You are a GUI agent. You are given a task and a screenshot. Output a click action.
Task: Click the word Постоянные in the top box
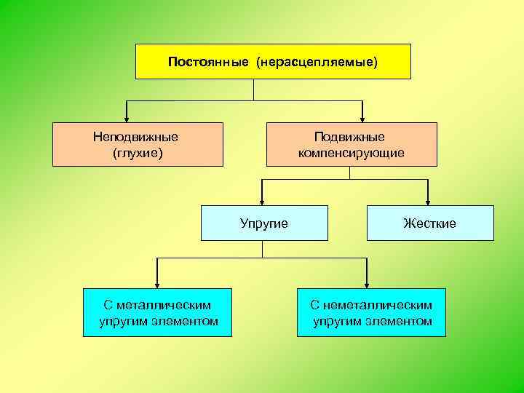208,62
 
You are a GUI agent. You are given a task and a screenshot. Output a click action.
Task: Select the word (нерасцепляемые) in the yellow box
317,62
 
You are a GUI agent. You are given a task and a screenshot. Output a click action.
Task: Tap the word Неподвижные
135,137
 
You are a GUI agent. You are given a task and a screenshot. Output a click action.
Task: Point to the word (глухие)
138,153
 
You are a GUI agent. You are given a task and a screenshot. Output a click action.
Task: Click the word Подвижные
349,137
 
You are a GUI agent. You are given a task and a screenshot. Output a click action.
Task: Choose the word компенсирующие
351,153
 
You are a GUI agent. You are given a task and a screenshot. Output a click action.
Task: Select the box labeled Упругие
264,223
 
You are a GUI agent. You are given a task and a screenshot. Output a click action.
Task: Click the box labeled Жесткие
430,223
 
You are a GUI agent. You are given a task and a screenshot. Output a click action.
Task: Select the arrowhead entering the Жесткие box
428,201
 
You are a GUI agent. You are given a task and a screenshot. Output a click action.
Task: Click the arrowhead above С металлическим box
157,284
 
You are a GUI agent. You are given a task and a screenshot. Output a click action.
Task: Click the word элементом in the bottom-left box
188,321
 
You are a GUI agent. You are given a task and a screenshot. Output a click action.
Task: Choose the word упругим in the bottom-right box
338,321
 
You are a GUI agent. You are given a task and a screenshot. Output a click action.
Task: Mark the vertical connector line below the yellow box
253,90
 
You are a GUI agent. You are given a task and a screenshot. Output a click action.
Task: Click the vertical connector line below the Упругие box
262,249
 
